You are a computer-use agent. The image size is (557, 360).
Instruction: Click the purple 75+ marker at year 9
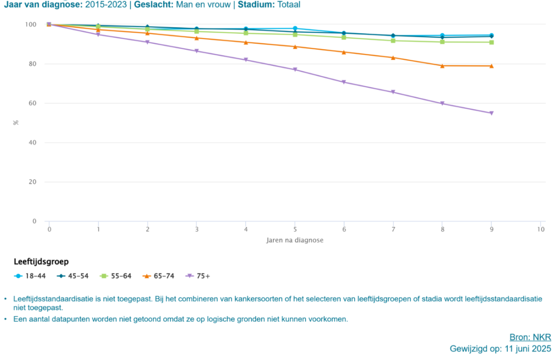pos(492,113)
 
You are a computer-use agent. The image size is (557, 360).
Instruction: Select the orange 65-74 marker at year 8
pos(442,66)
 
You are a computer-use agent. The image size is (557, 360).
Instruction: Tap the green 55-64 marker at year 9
pos(492,43)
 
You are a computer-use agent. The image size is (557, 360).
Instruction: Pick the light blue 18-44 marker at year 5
pos(295,28)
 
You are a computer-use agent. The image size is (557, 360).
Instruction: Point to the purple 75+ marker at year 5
pos(295,70)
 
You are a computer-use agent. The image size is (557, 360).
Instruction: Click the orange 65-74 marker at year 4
pos(246,43)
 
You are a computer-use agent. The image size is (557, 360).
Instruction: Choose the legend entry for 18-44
pos(30,276)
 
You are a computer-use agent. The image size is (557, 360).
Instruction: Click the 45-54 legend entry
pos(72,276)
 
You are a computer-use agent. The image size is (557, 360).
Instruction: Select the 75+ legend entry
pos(198,276)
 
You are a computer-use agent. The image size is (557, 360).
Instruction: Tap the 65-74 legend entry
pos(158,276)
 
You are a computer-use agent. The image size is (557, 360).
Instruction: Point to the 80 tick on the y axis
pos(32,64)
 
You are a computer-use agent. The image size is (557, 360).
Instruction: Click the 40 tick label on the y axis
pos(32,142)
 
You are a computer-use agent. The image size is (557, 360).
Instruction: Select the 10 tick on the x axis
pos(541,229)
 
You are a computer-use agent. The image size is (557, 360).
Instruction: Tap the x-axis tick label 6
pos(344,229)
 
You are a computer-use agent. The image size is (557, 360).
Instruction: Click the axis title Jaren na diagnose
pos(295,240)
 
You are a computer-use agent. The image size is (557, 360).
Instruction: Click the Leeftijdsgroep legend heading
pos(41,262)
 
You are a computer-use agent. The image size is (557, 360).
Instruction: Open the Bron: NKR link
pos(530,337)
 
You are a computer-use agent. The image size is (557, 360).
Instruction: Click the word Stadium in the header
pos(255,5)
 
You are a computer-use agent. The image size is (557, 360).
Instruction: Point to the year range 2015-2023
pos(106,5)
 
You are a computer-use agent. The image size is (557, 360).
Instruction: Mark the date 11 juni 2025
pos(528,349)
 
